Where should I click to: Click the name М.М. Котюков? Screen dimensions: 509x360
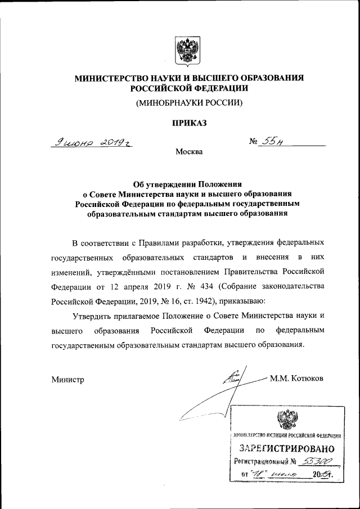pos(296,377)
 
